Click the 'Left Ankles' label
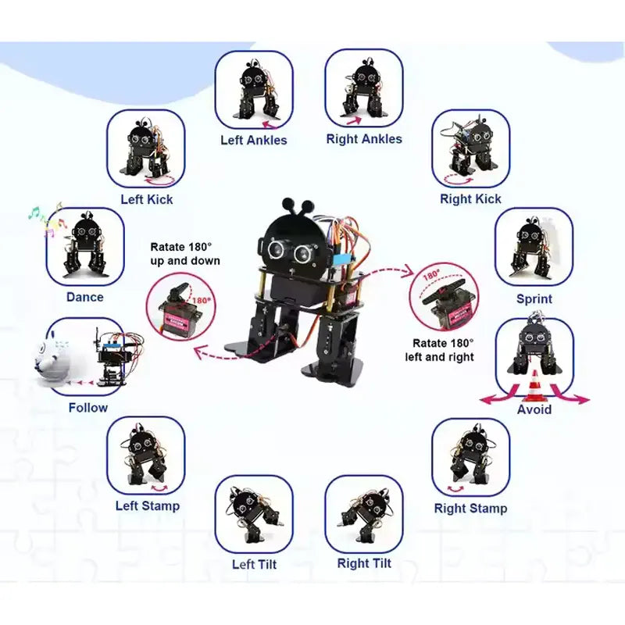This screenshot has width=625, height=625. (x=253, y=140)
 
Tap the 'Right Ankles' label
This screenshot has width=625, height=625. (x=364, y=139)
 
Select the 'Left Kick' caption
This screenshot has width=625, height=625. (x=147, y=199)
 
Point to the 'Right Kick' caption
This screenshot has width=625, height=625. (x=470, y=198)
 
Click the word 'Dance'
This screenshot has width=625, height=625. (x=85, y=297)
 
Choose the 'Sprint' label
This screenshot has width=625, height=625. (x=534, y=299)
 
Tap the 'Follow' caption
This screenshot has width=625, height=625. (x=88, y=408)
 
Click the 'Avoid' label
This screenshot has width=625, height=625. (x=534, y=409)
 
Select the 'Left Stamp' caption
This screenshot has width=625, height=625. (x=148, y=505)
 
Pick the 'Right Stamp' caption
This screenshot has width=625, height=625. (x=470, y=509)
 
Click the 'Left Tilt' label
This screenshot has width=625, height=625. (x=255, y=564)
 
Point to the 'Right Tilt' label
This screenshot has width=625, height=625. (x=364, y=563)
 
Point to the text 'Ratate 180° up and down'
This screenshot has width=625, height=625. (x=185, y=254)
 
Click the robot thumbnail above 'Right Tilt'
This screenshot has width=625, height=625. (x=364, y=514)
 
